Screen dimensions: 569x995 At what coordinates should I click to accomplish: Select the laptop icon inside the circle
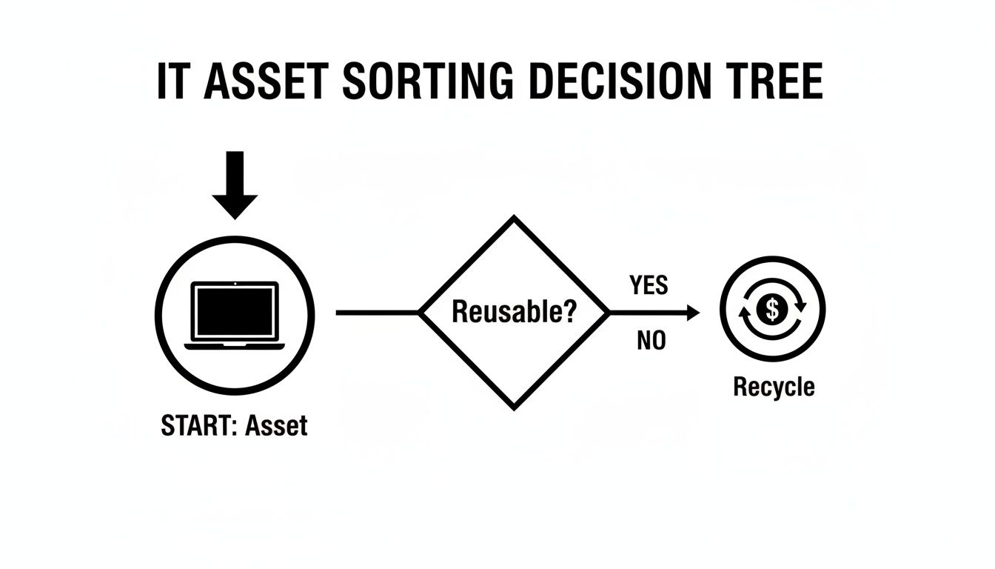(x=235, y=314)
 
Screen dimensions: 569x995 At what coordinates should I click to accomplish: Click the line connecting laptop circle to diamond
(x=378, y=313)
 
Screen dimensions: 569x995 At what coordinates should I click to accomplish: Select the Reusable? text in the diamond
(x=514, y=312)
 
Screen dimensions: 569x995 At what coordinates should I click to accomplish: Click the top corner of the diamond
(x=514, y=219)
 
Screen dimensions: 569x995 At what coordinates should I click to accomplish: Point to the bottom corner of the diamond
(x=514, y=407)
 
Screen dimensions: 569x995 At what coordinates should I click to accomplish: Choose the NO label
(x=651, y=342)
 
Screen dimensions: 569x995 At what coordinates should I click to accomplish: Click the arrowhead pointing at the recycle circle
(x=692, y=313)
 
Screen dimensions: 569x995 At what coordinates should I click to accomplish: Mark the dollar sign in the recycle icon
(x=773, y=308)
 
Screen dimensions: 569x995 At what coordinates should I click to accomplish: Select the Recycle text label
(x=774, y=387)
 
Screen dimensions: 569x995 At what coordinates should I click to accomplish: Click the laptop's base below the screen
(x=235, y=345)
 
